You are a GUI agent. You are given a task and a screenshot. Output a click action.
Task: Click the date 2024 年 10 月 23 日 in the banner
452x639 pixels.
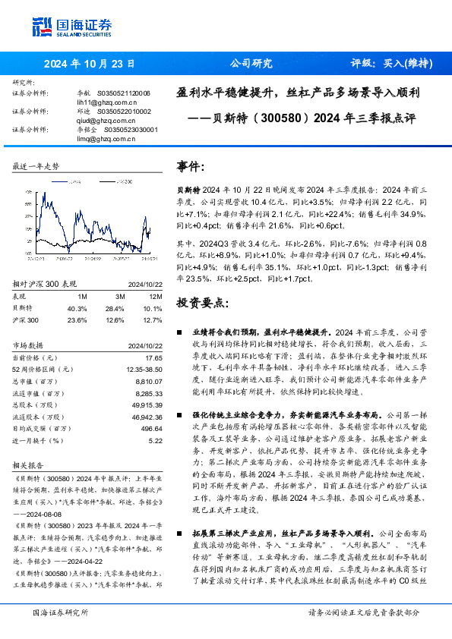coord(90,64)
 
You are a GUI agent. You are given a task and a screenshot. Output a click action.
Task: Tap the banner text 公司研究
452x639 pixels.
coord(251,64)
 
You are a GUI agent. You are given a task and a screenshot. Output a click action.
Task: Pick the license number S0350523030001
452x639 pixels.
coord(131,130)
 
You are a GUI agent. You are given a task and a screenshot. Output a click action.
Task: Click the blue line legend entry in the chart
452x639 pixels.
coord(66,183)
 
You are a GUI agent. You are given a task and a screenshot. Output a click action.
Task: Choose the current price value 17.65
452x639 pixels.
coord(154,357)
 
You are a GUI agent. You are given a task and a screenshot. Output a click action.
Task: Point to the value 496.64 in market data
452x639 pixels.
coord(152,429)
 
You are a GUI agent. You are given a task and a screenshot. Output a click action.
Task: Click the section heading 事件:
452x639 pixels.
coord(190,165)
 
